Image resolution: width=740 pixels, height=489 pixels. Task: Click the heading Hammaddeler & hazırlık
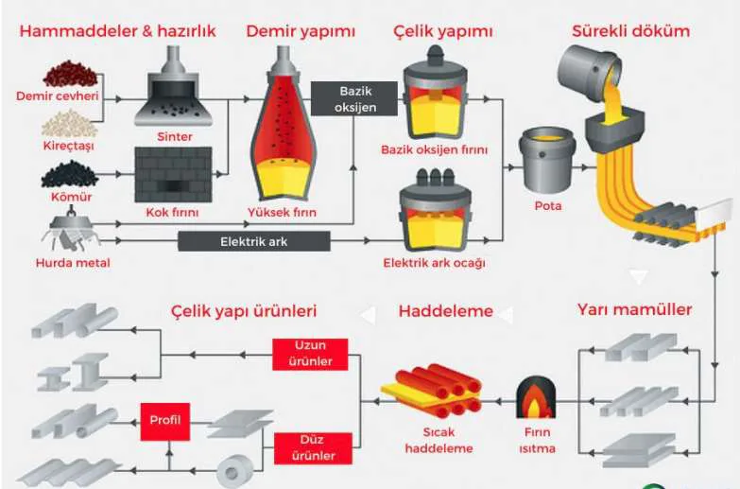click(117, 31)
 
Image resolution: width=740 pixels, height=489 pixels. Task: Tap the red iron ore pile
click(71, 74)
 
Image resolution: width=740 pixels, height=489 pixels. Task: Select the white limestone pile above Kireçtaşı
click(69, 123)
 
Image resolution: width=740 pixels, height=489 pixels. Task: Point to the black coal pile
click(70, 174)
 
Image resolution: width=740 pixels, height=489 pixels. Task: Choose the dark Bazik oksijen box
click(355, 98)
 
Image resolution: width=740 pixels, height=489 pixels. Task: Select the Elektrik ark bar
click(254, 241)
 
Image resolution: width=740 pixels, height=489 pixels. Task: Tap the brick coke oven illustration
click(173, 174)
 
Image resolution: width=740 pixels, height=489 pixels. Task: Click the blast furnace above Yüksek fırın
click(283, 124)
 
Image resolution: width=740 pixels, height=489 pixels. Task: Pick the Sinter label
click(175, 137)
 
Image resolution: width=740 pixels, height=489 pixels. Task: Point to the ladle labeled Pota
click(547, 160)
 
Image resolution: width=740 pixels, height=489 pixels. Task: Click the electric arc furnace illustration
click(435, 211)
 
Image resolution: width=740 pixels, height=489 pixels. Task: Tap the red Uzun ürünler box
click(310, 354)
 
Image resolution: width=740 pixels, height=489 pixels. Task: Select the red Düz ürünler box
click(313, 448)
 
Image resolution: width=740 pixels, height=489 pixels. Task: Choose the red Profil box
click(165, 422)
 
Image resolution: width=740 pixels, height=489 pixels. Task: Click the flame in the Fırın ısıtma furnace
click(535, 402)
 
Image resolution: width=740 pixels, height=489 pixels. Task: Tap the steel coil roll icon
click(235, 470)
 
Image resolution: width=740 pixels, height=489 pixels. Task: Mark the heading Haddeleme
click(445, 311)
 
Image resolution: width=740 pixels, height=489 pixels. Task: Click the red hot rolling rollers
click(432, 390)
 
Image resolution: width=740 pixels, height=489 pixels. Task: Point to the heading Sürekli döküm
click(631, 31)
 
